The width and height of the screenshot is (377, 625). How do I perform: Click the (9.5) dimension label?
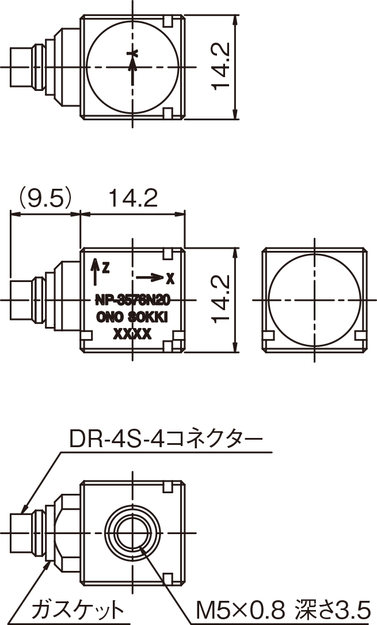pyautogui.click(x=45, y=199)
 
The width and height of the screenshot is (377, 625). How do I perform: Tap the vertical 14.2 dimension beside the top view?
pyautogui.click(x=221, y=67)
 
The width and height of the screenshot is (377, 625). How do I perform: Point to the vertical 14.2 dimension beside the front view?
pyautogui.click(x=221, y=299)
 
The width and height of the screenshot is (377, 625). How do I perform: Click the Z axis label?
pyautogui.click(x=105, y=266)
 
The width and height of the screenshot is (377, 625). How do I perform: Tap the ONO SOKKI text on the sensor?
pyautogui.click(x=132, y=317)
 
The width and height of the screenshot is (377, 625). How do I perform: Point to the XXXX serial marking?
pyautogui.click(x=132, y=334)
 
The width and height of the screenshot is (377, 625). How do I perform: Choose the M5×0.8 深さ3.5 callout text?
pyautogui.click(x=283, y=608)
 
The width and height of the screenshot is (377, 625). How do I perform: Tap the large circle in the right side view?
pyautogui.click(x=314, y=300)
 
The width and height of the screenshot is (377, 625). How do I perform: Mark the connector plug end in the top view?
pyautogui.click(x=21, y=67)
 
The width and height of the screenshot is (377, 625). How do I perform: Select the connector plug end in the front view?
pyautogui.click(x=21, y=300)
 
